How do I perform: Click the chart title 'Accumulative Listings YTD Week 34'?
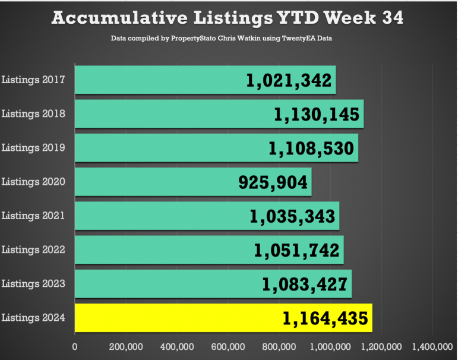click(x=228, y=18)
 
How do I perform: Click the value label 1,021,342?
click(x=289, y=80)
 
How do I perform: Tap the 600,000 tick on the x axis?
click(x=228, y=346)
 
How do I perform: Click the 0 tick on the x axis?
click(x=75, y=346)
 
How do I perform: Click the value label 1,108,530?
click(x=312, y=149)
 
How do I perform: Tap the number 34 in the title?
click(x=390, y=18)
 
